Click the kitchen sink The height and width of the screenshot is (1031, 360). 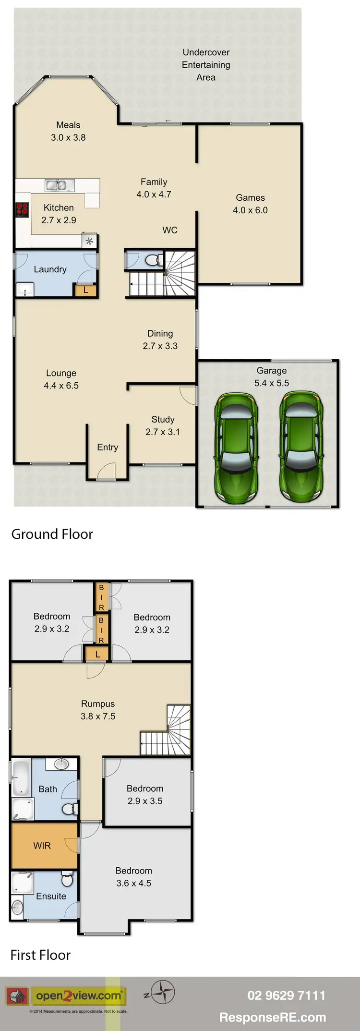pyautogui.click(x=60, y=184)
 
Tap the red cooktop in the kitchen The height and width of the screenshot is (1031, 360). pyautogui.click(x=22, y=210)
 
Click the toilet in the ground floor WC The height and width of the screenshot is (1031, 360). pyautogui.click(x=152, y=260)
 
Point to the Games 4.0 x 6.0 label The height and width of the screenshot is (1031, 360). pyautogui.click(x=250, y=204)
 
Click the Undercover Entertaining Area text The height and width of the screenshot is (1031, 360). pyautogui.click(x=206, y=65)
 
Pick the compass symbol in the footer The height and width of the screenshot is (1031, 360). pyautogui.click(x=163, y=992)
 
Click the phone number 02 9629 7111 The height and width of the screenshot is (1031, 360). pyautogui.click(x=286, y=995)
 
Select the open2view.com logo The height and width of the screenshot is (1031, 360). pyautogui.click(x=78, y=996)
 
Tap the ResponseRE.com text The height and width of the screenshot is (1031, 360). pyautogui.click(x=272, y=1017)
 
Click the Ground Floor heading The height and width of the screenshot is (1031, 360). pyautogui.click(x=52, y=534)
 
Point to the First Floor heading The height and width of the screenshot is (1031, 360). pyautogui.click(x=40, y=955)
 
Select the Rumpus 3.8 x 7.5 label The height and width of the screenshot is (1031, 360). pyautogui.click(x=98, y=710)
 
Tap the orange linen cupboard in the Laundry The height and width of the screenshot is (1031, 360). pyautogui.click(x=85, y=290)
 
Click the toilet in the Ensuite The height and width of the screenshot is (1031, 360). pyautogui.click(x=67, y=880)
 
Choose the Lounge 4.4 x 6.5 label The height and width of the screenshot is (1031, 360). pyautogui.click(x=61, y=379)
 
